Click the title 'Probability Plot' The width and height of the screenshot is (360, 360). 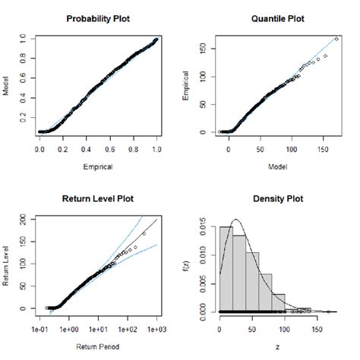(96, 17)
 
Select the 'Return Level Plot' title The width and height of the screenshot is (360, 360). (96, 199)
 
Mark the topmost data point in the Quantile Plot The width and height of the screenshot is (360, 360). (336, 39)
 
